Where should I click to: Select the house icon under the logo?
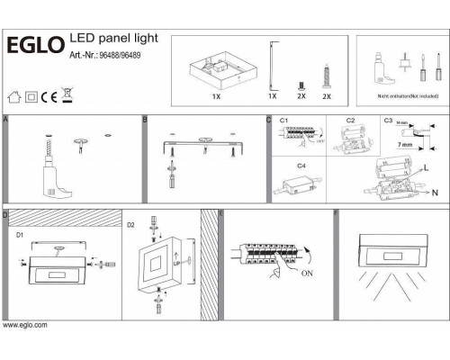(x=13, y=94)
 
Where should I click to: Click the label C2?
(x=351, y=121)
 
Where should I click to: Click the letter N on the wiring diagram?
(x=435, y=193)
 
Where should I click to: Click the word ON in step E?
(x=308, y=274)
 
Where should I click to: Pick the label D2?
(x=130, y=223)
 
